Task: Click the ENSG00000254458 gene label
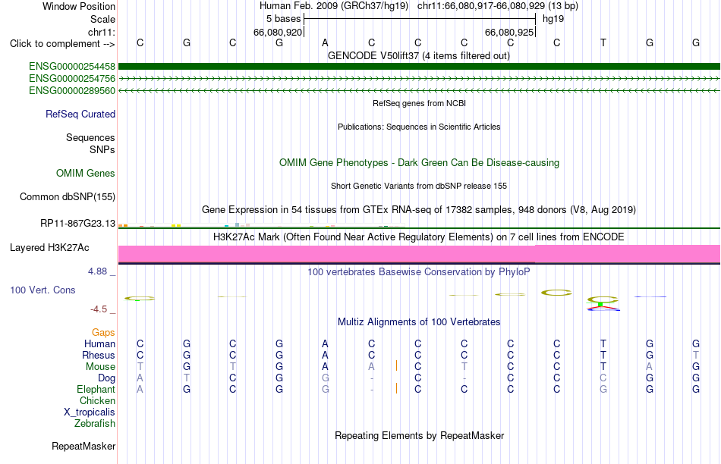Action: [x=72, y=67]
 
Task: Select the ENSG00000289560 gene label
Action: [x=72, y=91]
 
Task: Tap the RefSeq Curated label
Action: [x=80, y=114]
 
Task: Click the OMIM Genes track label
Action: [x=86, y=173]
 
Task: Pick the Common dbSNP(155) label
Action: [x=68, y=196]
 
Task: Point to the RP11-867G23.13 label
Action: [x=77, y=223]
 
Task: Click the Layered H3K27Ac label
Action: [x=49, y=248]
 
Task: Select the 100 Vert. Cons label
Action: [x=43, y=290]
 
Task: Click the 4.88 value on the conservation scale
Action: [x=97, y=271]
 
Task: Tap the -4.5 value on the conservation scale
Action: [x=99, y=309]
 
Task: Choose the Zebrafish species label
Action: [x=95, y=424]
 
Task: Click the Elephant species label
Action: [x=96, y=390]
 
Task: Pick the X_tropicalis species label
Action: [x=90, y=412]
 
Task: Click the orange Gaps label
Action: [x=103, y=332]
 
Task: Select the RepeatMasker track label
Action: [x=83, y=446]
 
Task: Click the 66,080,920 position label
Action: [x=278, y=32]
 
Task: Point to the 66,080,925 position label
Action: [x=509, y=32]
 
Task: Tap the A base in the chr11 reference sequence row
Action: [x=325, y=43]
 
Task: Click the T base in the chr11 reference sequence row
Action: [x=603, y=43]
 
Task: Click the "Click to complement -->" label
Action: [x=62, y=44]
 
